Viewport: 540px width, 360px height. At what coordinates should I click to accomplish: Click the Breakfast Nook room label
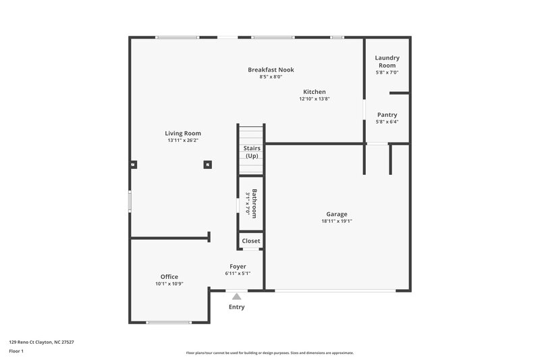[271, 70]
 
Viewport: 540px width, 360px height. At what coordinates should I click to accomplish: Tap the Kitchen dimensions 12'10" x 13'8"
[314, 99]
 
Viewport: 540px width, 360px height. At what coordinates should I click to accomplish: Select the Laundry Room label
[387, 61]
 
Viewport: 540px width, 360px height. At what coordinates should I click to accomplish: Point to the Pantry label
[387, 115]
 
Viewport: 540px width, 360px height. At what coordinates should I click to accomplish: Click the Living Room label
[183, 133]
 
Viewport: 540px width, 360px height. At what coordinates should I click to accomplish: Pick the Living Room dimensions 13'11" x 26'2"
[183, 140]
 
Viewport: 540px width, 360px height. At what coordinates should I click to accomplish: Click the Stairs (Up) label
[251, 152]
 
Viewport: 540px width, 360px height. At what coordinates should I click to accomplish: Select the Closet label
[250, 241]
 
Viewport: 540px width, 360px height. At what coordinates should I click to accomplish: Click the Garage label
[337, 214]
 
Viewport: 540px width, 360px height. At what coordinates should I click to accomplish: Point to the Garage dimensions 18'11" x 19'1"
[337, 221]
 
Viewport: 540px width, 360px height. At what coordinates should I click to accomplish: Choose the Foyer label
[238, 266]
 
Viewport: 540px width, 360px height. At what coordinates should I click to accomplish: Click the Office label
[169, 276]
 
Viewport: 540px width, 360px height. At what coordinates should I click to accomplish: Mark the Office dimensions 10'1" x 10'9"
[169, 284]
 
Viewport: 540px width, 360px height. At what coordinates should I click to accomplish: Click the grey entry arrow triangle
[236, 296]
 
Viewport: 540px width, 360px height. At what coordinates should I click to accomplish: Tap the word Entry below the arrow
[236, 307]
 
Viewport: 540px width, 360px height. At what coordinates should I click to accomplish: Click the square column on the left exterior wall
[133, 163]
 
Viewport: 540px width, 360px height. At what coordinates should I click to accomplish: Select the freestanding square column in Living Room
[208, 163]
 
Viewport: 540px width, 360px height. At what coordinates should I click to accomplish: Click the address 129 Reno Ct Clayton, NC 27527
[41, 342]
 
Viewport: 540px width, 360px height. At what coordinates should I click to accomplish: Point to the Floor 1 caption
[16, 351]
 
